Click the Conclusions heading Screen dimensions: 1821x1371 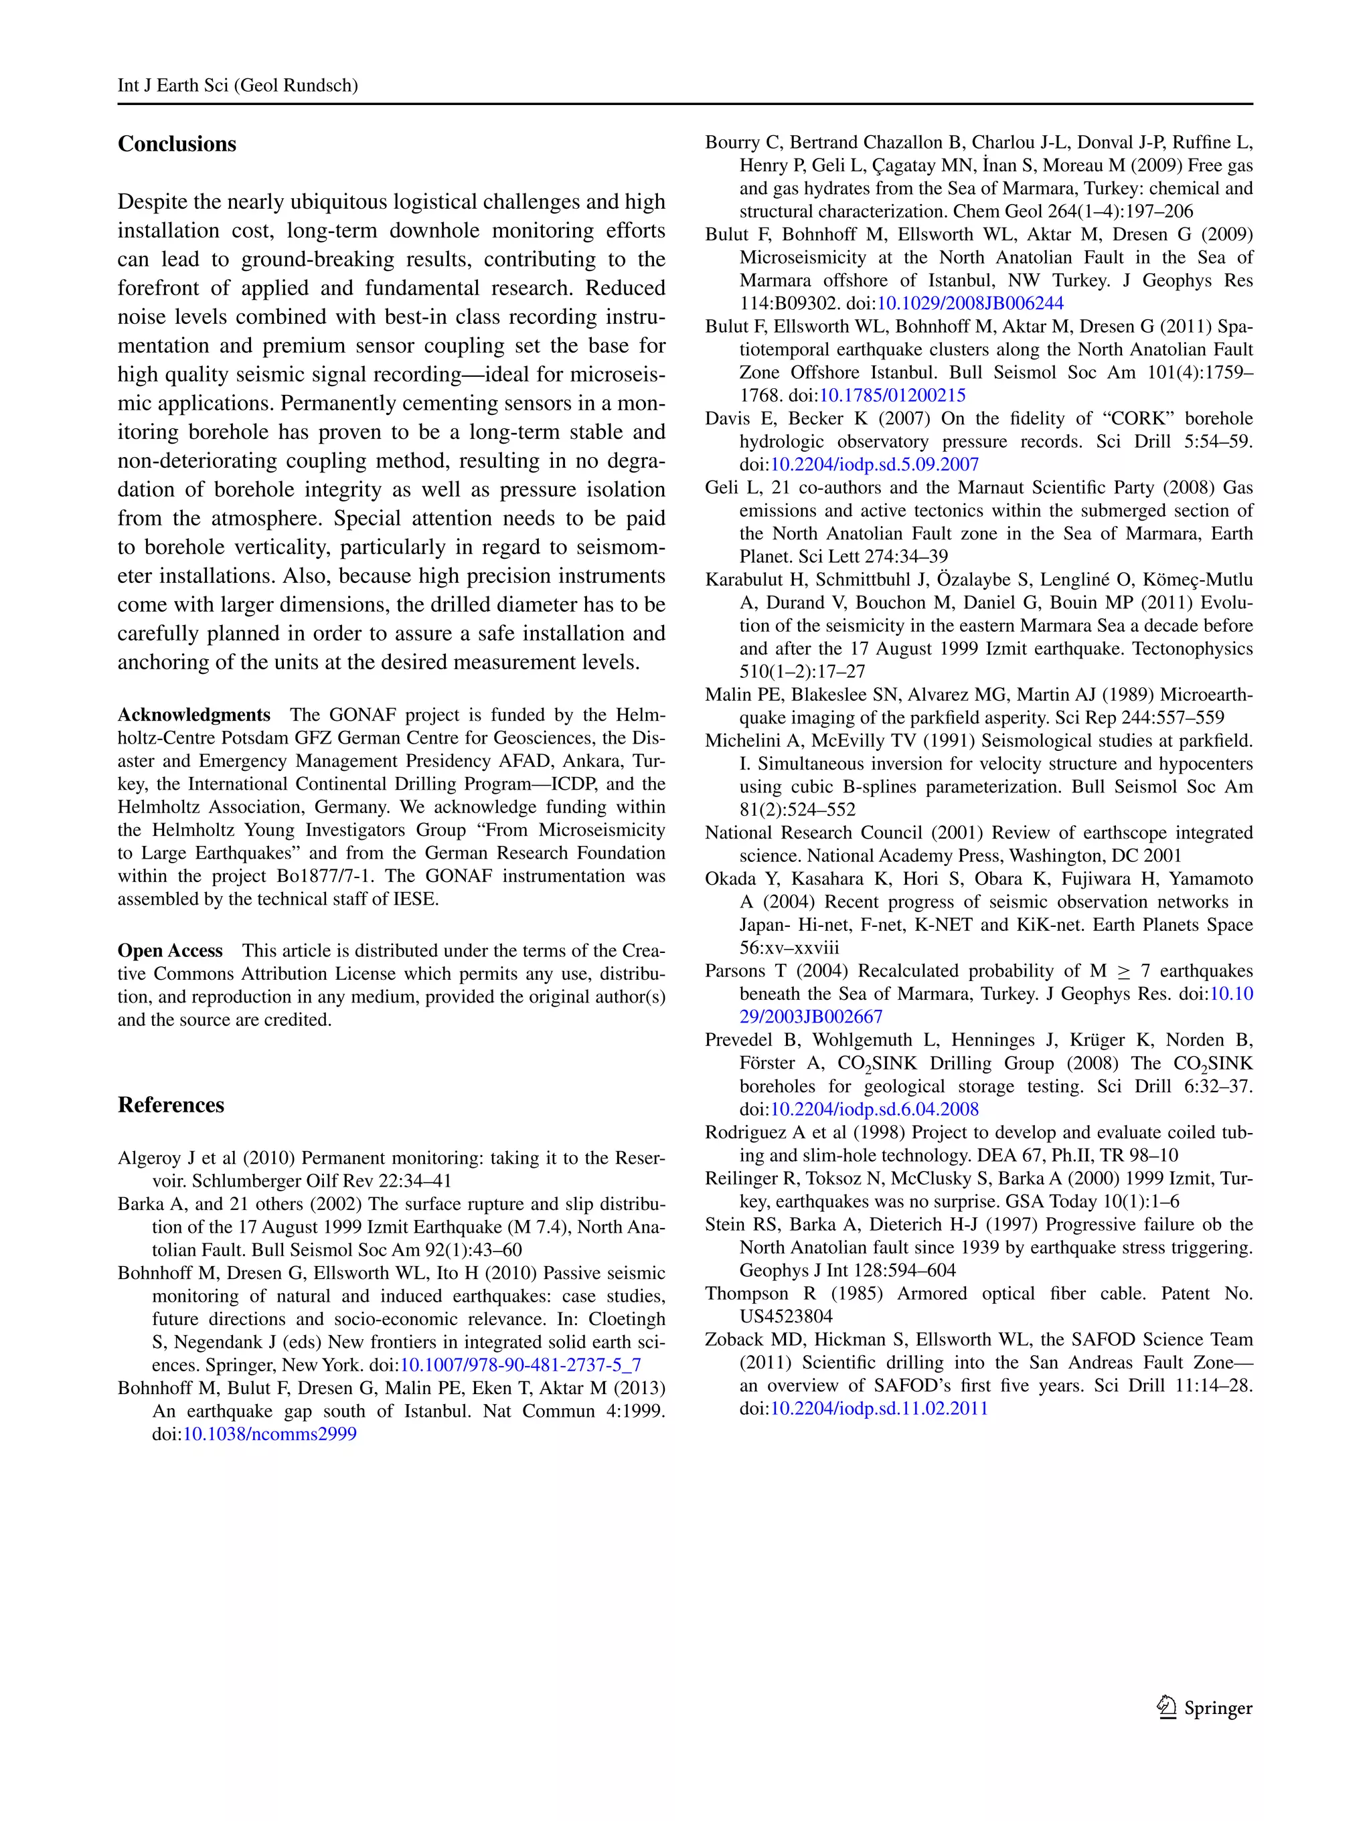coord(176,144)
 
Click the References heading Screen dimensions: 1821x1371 coord(171,1105)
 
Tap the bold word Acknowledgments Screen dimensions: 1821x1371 coord(193,715)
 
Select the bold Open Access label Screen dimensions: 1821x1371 coord(169,951)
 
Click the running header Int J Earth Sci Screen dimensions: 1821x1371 coord(237,86)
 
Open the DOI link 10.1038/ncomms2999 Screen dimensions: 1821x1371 coord(269,1434)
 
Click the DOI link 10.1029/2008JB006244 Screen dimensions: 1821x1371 coord(970,304)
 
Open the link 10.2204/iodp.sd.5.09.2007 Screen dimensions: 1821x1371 coord(874,464)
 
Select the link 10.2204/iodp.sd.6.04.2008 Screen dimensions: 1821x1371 coord(874,1110)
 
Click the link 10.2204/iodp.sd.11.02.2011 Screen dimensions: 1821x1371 coord(878,1409)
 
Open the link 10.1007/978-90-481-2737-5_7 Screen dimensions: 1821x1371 coord(520,1365)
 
